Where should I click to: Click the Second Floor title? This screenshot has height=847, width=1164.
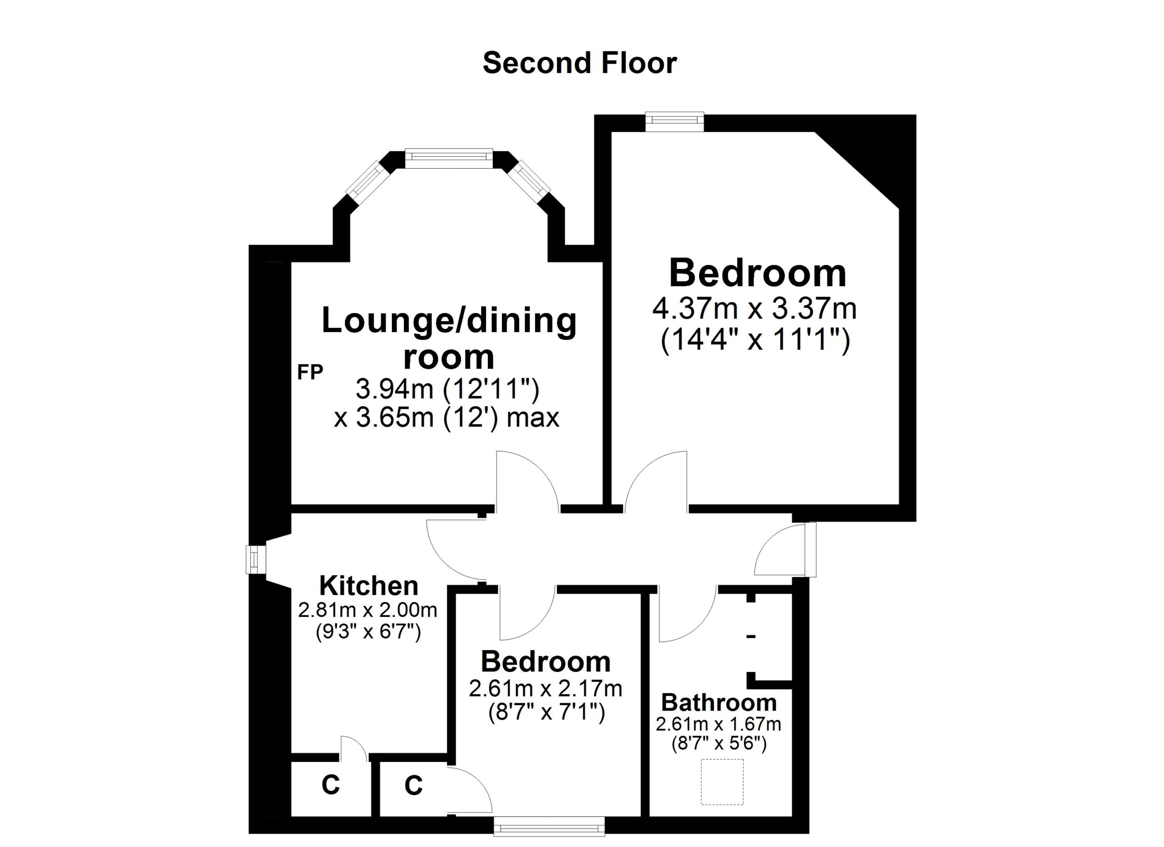[x=579, y=63]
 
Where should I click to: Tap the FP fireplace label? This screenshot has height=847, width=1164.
[x=310, y=372]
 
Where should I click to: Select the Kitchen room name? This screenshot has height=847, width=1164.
[x=368, y=586]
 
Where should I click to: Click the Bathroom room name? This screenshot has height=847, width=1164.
[x=718, y=703]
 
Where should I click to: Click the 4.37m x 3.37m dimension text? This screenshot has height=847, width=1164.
[x=754, y=308]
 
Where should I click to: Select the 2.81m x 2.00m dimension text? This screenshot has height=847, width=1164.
[x=367, y=610]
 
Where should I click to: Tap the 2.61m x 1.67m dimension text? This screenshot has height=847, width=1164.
[x=718, y=724]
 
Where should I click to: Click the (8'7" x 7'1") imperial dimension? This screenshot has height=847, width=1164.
[x=547, y=712]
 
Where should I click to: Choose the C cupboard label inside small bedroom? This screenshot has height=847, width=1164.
[x=413, y=786]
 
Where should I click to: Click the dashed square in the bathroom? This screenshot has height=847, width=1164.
[x=722, y=782]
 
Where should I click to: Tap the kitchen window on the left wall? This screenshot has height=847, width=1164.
[x=256, y=560]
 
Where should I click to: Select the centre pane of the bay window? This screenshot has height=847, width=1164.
[x=449, y=158]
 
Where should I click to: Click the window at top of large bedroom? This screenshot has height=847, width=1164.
[x=674, y=122]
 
